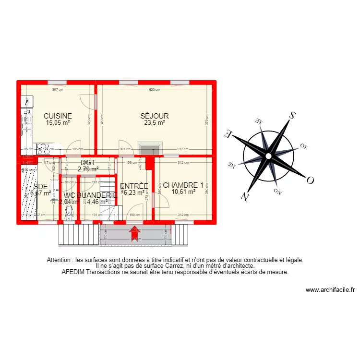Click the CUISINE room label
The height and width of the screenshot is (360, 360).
pos(58,116)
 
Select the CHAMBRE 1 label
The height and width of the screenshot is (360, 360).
pos(183,185)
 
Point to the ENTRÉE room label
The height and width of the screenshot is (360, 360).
pos(134,186)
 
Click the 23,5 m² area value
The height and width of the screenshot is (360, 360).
pos(155,122)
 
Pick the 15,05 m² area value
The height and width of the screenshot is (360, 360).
pos(58,122)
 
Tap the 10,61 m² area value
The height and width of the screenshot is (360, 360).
pos(183,192)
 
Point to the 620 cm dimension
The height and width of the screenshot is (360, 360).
pos(154,90)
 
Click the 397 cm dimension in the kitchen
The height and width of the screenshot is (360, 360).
pos(58,90)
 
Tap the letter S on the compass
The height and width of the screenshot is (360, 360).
pos(291,115)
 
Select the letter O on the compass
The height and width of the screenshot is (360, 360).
pos(310,180)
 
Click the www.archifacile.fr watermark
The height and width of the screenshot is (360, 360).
pos(330,290)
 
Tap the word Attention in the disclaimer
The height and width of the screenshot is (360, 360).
pos(60,260)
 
